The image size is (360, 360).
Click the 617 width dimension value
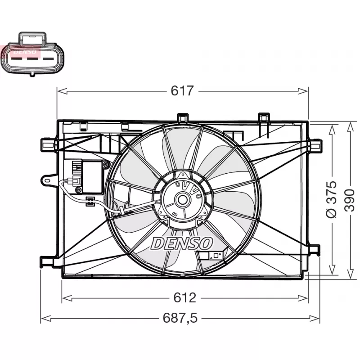(182, 91)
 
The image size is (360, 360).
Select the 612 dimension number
(185, 297)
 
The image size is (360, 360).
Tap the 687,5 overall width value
(180, 318)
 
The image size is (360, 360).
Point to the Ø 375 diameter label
(331, 199)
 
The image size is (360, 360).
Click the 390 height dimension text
(350, 199)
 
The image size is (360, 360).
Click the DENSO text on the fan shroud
(182, 243)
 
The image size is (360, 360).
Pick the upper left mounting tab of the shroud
(48, 144)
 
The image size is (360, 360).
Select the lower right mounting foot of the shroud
(314, 250)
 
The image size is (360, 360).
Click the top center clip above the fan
(182, 117)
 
